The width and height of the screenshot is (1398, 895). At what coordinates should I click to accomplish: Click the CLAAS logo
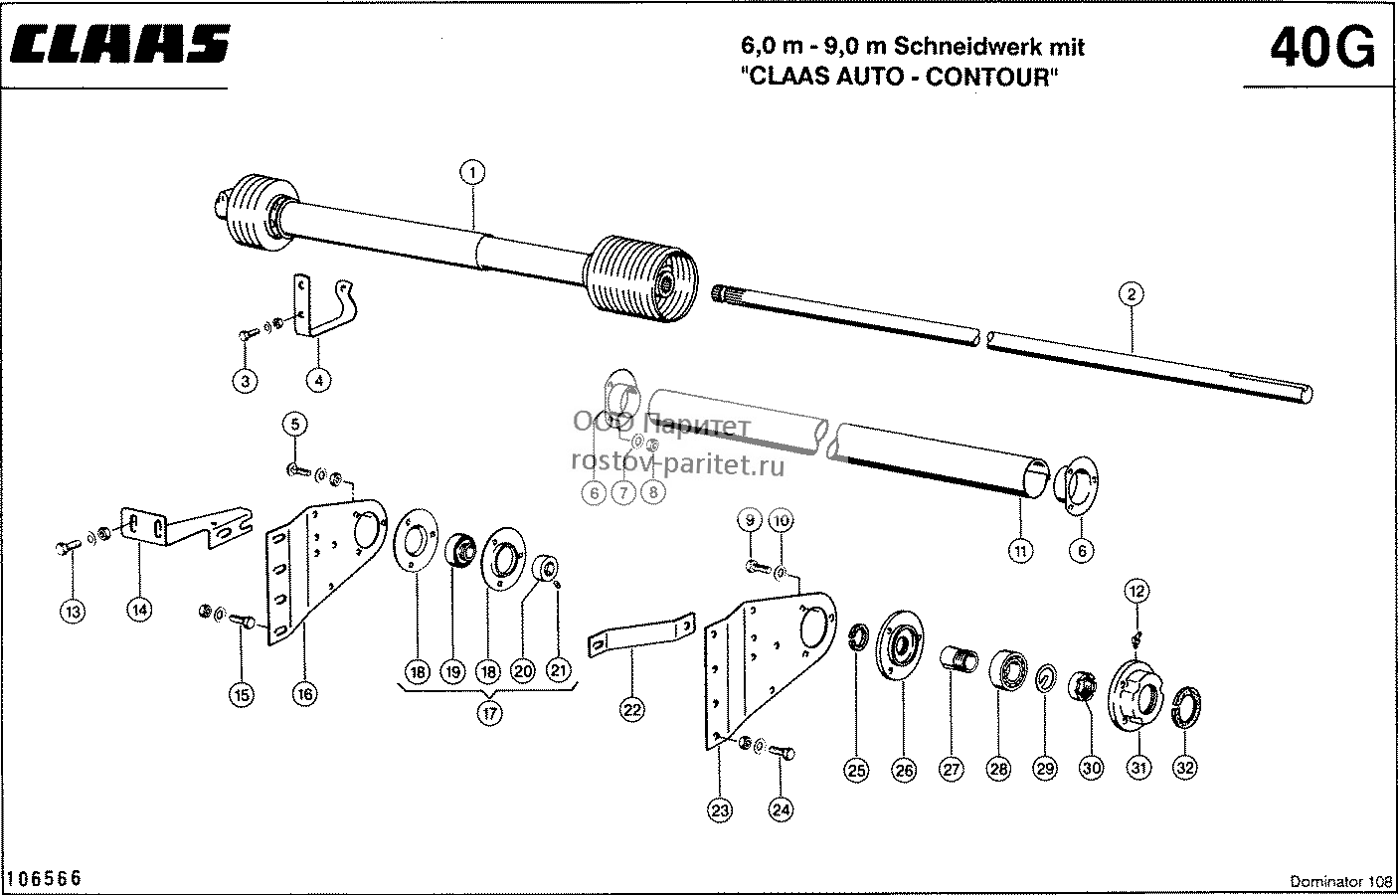(x=120, y=45)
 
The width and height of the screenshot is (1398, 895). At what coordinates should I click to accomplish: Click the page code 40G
(x=1322, y=48)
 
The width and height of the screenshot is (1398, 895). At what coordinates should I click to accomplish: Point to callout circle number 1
(x=472, y=172)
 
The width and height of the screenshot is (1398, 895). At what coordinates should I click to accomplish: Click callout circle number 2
(x=1131, y=294)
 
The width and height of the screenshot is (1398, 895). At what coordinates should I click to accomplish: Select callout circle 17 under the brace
(x=489, y=713)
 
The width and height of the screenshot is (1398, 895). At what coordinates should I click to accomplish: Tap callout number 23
(x=720, y=810)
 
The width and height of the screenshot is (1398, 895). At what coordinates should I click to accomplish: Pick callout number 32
(x=1185, y=768)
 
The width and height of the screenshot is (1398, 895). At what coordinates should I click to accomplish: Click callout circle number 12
(x=1136, y=591)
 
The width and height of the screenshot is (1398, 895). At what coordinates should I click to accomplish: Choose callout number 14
(x=139, y=610)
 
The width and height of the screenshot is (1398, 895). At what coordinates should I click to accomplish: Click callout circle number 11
(x=1020, y=551)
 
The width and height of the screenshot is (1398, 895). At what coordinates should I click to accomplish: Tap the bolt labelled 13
(x=68, y=547)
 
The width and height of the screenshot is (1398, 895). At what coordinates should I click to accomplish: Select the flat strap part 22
(x=641, y=634)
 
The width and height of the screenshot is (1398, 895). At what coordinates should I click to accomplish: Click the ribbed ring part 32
(x=1186, y=707)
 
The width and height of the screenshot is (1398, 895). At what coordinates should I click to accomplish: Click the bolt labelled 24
(x=782, y=752)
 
